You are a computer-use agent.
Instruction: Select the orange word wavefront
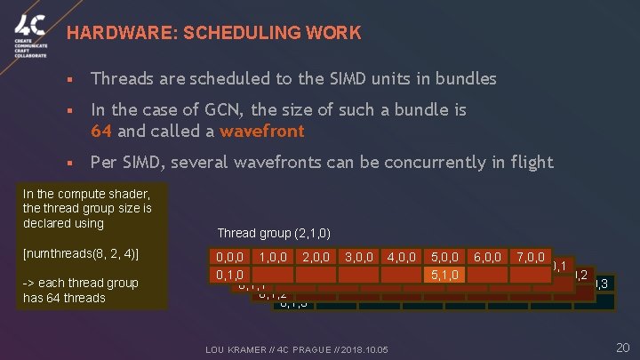[x=262, y=131]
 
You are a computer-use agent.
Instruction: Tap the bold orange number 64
[x=100, y=131]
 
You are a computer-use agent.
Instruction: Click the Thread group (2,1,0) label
[x=274, y=233]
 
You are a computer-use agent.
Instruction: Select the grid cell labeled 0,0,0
[x=229, y=257]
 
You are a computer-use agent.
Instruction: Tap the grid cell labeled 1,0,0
[x=273, y=257]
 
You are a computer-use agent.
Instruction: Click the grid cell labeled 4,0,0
[x=403, y=257]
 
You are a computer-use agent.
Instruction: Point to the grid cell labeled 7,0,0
[x=531, y=257]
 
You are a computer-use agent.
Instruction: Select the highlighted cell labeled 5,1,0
[x=445, y=275]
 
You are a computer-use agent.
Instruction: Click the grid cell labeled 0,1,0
[x=229, y=275]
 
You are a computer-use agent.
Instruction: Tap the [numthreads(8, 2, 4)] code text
[x=81, y=253]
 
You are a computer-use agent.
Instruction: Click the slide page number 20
[x=622, y=346]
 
